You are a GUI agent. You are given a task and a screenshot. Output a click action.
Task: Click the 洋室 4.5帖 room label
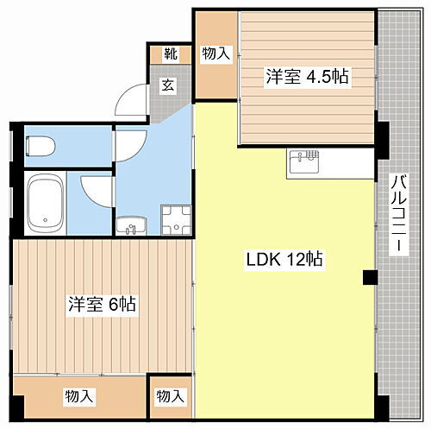click(307, 77)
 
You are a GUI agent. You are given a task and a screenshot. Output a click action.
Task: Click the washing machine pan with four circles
click(177, 219)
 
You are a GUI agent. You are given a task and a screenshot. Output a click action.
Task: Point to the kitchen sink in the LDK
click(303, 161)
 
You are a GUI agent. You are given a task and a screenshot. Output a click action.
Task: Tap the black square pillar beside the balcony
click(370, 277)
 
